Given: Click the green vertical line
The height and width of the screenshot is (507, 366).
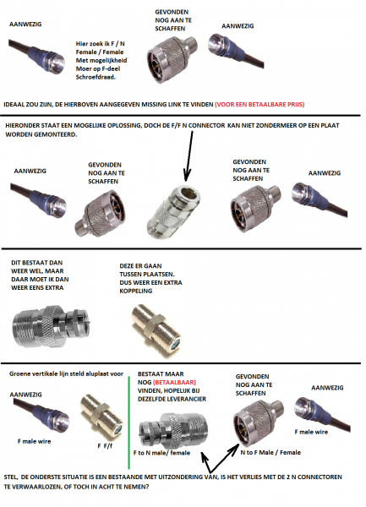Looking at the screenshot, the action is click(x=129, y=422).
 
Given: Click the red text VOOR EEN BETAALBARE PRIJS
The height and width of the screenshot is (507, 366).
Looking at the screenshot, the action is click(x=259, y=105).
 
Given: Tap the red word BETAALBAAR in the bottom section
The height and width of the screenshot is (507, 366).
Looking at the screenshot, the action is click(x=174, y=382).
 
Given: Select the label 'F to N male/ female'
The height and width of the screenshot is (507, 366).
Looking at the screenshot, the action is click(x=161, y=453).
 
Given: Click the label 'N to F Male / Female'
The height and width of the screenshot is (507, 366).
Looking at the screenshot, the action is click(x=270, y=452).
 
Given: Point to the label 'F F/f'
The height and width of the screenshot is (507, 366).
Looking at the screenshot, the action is click(x=105, y=446).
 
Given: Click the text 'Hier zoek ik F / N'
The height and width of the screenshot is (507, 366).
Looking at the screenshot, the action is click(x=101, y=44).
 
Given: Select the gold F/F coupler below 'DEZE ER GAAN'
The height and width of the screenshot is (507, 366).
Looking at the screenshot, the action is click(x=157, y=330).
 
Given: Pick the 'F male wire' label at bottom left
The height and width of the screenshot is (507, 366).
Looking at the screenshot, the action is click(x=35, y=441).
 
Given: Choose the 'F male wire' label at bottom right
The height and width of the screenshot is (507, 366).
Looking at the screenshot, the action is click(x=311, y=432).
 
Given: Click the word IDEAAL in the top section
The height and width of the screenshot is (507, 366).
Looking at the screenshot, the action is click(x=14, y=105).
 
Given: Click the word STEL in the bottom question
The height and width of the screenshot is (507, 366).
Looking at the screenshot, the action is click(x=10, y=477).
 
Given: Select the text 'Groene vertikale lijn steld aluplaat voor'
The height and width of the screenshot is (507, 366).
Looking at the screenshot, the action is click(x=66, y=373).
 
